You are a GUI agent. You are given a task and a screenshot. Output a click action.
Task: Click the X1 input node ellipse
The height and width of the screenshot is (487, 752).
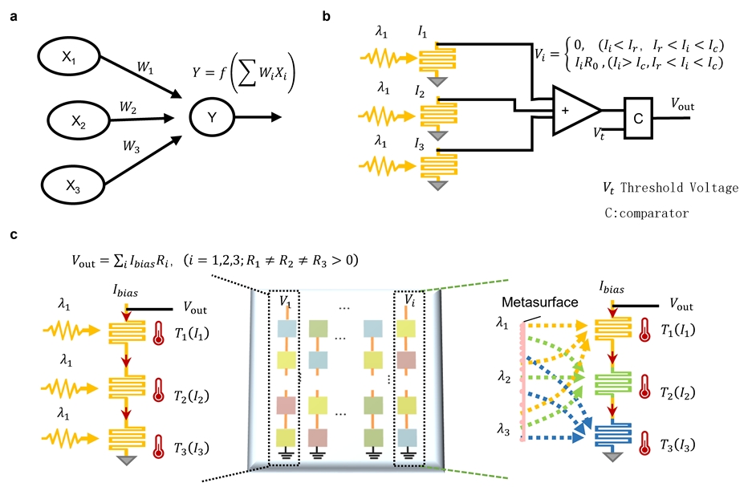(x=68, y=59)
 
